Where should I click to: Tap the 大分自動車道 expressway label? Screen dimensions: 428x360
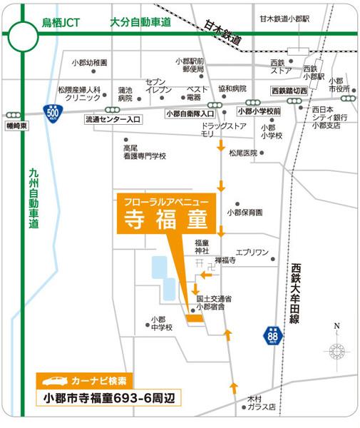click(141, 22)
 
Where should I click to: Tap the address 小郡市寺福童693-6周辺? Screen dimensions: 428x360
click(108, 397)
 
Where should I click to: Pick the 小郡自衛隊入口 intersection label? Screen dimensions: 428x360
click(190, 113)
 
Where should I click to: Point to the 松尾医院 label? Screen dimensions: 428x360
click(242, 153)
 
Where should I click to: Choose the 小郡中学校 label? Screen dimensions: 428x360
click(161, 323)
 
